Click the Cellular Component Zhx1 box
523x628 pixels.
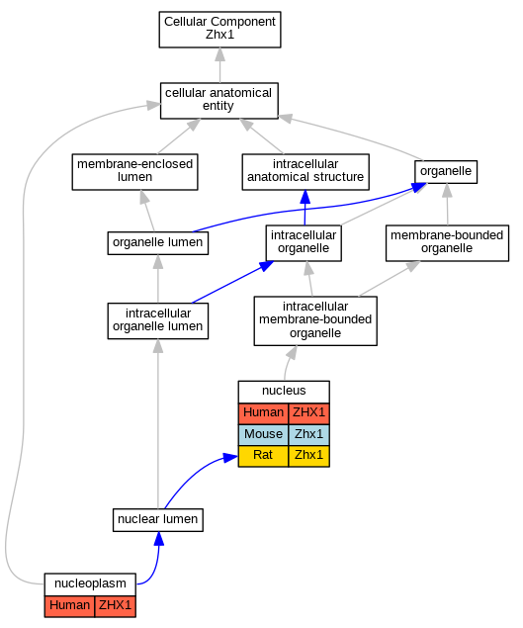(219, 30)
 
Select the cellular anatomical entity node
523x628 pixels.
(219, 101)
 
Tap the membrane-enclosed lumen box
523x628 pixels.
(135, 172)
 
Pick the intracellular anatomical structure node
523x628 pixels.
(305, 172)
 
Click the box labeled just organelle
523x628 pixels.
(446, 172)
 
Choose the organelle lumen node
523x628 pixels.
(158, 243)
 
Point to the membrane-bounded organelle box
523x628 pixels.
(447, 243)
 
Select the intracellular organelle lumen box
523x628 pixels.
(158, 320)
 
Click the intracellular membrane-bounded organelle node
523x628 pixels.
(315, 320)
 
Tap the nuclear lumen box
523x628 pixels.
(158, 520)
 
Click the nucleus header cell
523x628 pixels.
(284, 392)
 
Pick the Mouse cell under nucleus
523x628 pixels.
(264, 434)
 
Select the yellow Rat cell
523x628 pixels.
(264, 456)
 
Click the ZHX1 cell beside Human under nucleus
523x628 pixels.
(308, 413)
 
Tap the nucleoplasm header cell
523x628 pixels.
(90, 583)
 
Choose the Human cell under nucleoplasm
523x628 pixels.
(69, 605)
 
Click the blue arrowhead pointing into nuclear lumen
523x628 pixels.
(159, 539)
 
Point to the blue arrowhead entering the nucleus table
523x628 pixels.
(230, 458)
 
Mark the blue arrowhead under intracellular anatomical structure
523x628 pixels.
(305, 197)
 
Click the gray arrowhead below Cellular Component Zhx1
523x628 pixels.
(219, 54)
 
